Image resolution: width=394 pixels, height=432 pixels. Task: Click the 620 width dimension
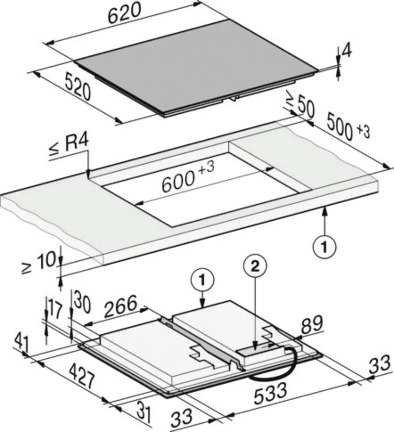tap(125, 13)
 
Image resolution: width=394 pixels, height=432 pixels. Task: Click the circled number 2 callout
tap(255, 267)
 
